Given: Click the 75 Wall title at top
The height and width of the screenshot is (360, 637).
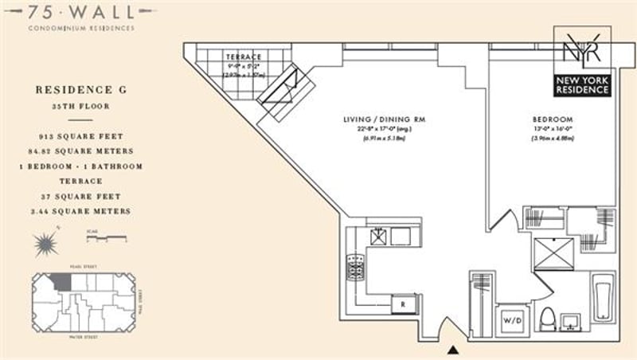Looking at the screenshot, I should [79, 11].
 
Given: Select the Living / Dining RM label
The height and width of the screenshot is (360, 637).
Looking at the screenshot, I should [384, 119].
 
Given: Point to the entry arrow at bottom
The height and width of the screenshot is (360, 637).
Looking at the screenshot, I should [453, 349].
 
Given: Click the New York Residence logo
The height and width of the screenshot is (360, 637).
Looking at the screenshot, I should [582, 61].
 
